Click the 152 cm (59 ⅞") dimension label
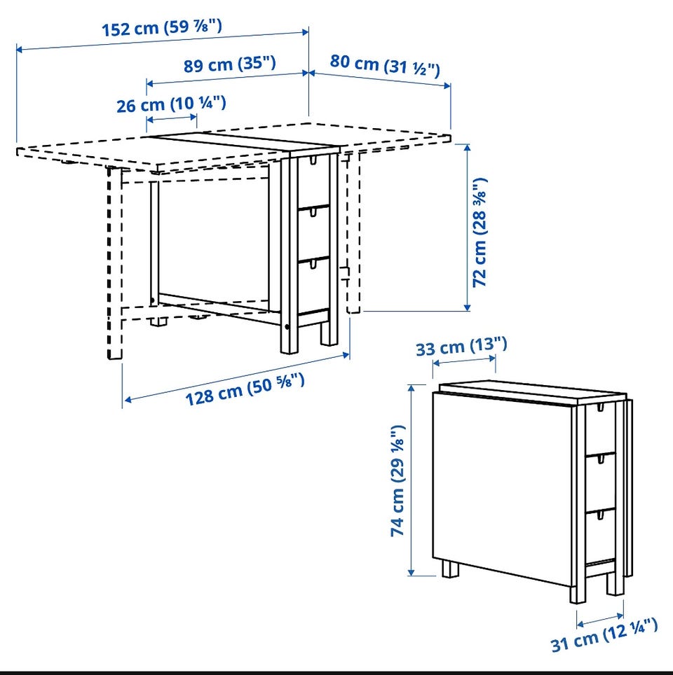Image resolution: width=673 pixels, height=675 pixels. click(162, 27)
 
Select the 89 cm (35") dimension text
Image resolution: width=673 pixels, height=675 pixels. click(229, 64)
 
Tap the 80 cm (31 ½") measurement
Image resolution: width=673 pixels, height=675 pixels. click(385, 65)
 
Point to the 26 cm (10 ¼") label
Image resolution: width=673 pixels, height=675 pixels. click(171, 104)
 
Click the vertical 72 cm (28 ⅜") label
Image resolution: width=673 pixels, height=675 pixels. click(480, 232)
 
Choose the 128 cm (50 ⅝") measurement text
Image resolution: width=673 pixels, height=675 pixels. click(245, 389)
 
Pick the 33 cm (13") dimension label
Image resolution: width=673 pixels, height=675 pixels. click(461, 347)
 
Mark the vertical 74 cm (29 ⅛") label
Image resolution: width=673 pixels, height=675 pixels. click(397, 480)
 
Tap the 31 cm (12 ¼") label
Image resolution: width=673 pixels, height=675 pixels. click(604, 635)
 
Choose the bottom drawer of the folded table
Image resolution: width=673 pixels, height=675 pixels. click(600, 536)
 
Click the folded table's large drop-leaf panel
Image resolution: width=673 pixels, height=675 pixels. click(503, 489)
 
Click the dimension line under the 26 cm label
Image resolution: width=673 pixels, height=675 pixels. click(172, 118)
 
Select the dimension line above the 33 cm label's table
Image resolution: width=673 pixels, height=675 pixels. click(464, 359)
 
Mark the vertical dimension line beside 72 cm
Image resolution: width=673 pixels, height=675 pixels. click(467, 227)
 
